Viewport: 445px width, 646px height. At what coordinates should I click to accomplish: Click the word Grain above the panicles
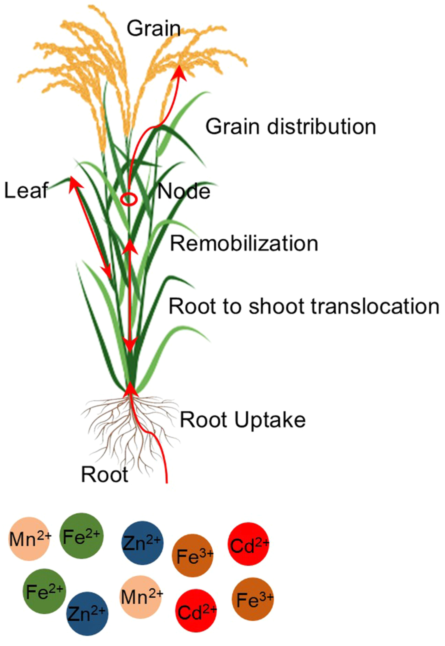click(154, 29)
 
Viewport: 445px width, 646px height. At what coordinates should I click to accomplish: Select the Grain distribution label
click(291, 127)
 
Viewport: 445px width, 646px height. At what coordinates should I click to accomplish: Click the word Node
click(184, 192)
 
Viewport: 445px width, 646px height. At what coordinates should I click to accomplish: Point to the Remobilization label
click(244, 244)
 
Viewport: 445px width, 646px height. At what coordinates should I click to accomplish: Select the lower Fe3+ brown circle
click(253, 599)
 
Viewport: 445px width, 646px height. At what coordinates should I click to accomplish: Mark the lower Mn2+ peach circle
click(141, 597)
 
